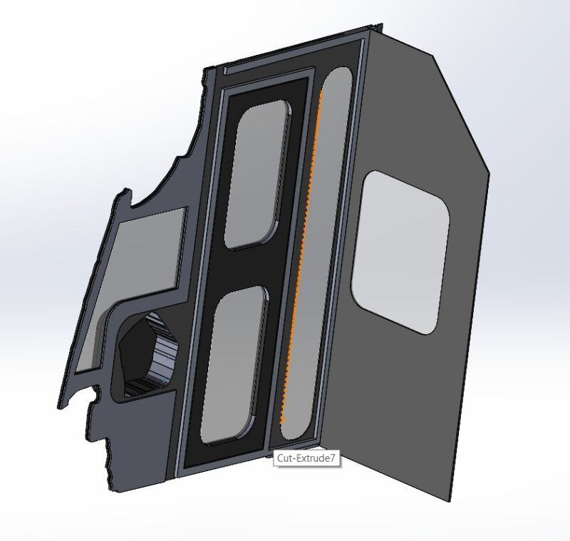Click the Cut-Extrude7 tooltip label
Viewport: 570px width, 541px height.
[x=306, y=458]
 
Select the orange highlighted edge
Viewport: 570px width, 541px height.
[x=301, y=264]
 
